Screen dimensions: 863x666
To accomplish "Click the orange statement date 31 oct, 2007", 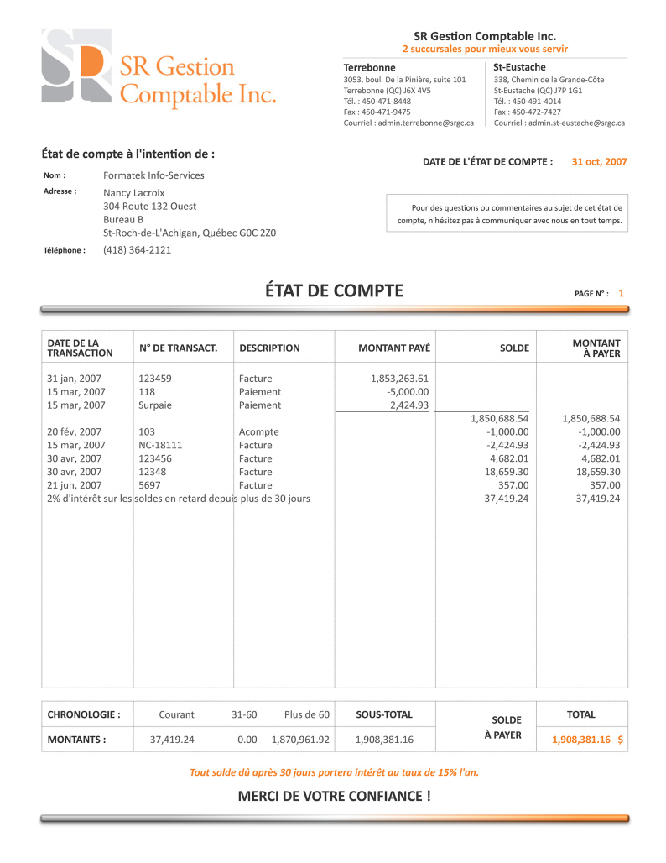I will click(x=599, y=161).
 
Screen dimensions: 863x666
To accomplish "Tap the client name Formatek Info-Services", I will click(x=153, y=175).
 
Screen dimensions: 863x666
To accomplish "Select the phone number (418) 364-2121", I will click(x=137, y=249).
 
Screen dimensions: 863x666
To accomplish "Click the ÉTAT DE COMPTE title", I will click(x=334, y=291).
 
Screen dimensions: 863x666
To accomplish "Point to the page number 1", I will click(x=621, y=293).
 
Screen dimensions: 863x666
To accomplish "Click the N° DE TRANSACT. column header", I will click(x=178, y=348).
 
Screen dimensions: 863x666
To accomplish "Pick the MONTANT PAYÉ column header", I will click(x=394, y=348).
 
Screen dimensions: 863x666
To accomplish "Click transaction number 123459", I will click(x=155, y=379).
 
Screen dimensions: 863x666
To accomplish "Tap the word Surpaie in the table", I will click(x=155, y=405).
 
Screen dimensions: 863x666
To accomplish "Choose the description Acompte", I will click(x=259, y=432).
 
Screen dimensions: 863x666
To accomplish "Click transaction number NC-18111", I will click(x=160, y=445).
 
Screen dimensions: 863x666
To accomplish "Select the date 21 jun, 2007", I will click(x=75, y=485).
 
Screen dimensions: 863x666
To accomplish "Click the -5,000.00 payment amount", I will click(x=408, y=392).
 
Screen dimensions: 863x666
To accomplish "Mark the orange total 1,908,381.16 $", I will click(x=587, y=740).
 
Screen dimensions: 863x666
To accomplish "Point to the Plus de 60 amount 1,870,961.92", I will click(x=300, y=740).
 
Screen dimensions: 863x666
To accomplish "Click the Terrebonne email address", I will click(x=408, y=123).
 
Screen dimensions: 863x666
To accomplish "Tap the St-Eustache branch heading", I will click(x=519, y=67).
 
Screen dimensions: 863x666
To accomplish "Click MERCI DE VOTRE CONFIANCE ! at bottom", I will click(x=334, y=795).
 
